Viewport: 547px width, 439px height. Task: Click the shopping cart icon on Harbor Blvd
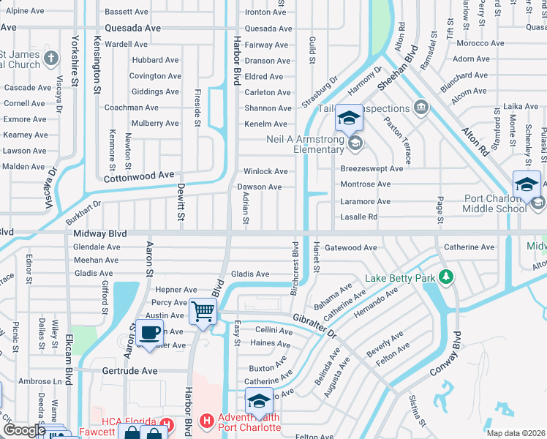203,311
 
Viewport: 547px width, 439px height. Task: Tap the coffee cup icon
150,333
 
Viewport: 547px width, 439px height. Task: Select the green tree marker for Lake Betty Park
445,277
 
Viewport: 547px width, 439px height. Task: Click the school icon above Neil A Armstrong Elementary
349,117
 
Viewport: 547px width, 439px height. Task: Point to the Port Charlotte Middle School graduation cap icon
527,184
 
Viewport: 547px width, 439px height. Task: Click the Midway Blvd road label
100,233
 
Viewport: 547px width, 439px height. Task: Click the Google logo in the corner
24,429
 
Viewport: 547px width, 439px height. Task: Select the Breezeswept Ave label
371,168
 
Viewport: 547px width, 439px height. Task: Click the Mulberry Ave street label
156,124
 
